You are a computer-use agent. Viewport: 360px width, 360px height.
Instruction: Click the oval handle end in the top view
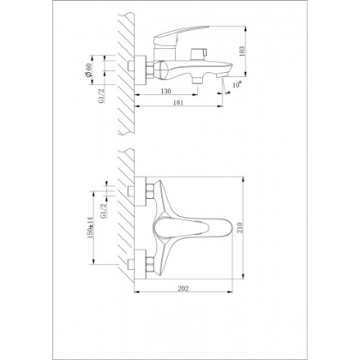[220, 226]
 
